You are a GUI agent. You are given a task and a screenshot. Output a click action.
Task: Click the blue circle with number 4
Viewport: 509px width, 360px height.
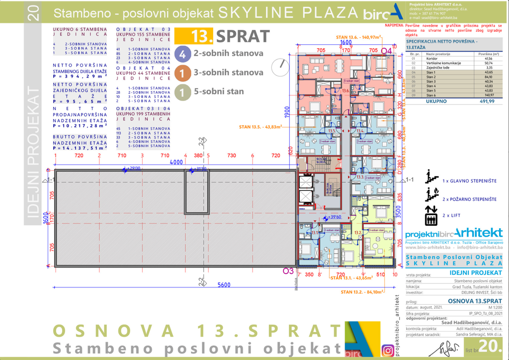click(x=182, y=54)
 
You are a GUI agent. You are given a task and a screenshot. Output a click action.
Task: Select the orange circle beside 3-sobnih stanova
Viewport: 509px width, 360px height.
click(x=182, y=73)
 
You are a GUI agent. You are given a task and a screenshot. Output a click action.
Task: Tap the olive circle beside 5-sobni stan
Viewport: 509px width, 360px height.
click(x=182, y=91)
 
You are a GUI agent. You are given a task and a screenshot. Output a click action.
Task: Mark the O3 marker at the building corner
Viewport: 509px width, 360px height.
click(x=287, y=271)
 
